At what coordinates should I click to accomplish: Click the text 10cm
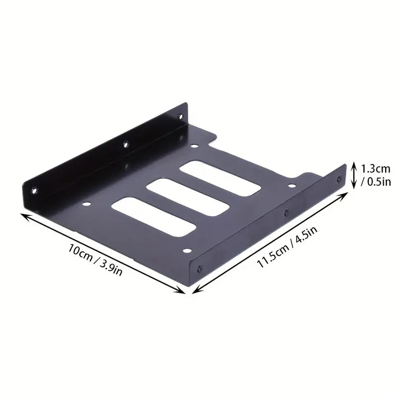pyautogui.click(x=81, y=252)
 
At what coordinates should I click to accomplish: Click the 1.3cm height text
pyautogui.click(x=376, y=169)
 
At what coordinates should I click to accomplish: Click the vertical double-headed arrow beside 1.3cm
pyautogui.click(x=354, y=175)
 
